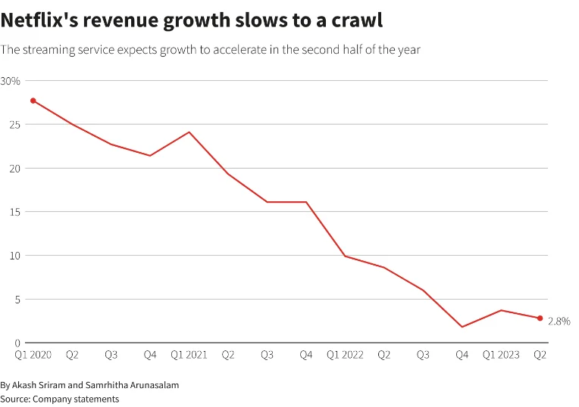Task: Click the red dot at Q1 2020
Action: click(33, 101)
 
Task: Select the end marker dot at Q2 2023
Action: click(540, 318)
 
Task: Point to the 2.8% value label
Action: click(559, 321)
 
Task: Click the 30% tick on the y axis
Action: click(11, 81)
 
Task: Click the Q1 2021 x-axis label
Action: click(189, 354)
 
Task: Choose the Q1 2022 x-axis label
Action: click(345, 354)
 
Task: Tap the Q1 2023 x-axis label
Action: click(501, 354)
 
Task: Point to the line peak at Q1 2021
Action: click(189, 132)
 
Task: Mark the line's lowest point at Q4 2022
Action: click(462, 327)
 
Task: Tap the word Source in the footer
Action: click(15, 399)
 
